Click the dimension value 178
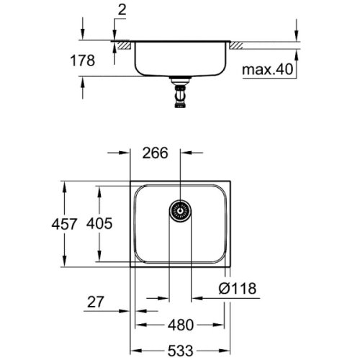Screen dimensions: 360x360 [84, 62]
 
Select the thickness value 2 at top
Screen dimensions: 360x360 [120, 10]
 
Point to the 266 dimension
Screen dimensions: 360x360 [156, 153]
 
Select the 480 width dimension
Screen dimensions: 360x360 [182, 324]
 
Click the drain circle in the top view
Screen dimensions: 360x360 [180, 211]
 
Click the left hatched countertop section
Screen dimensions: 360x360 [124, 45]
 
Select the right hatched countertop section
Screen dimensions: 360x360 [235, 45]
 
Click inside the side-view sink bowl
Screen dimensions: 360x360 [180, 58]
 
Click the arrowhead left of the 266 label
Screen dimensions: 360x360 [126, 153]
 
